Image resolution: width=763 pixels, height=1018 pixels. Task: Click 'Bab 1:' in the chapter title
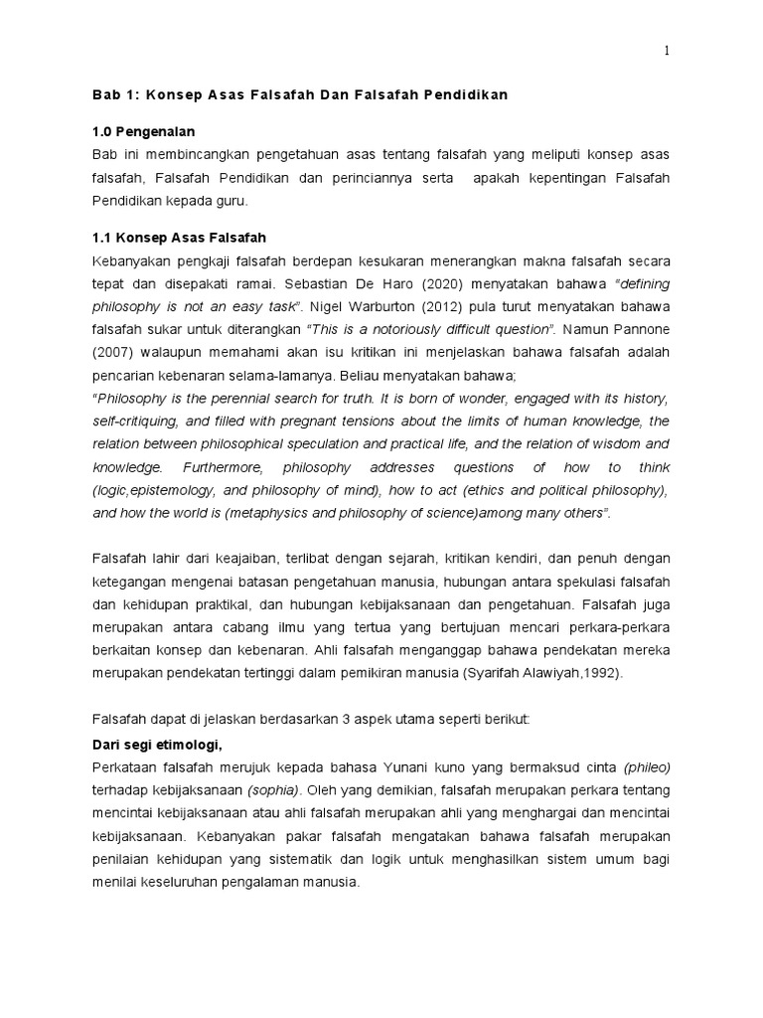pos(113,95)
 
